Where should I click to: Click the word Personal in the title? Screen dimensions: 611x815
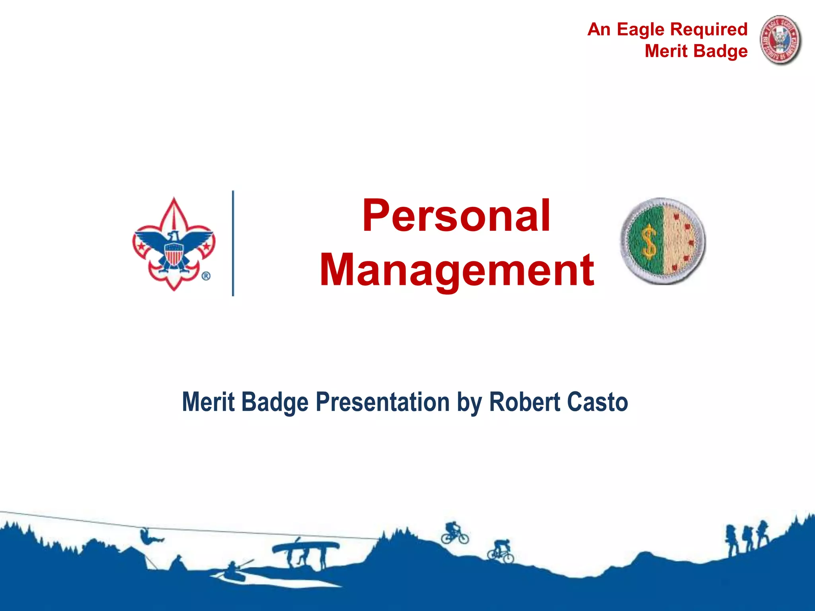tap(456, 216)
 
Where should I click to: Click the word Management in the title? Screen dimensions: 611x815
tap(456, 270)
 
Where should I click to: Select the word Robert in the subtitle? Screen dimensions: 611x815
tap(524, 402)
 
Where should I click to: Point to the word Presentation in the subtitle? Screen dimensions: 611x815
tap(382, 402)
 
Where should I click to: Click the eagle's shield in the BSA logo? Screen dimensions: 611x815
tap(174, 254)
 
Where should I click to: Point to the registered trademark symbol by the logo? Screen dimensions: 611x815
tap(206, 276)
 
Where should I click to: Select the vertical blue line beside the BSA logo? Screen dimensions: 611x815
tap(233, 243)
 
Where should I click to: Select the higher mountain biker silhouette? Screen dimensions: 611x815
tap(454, 533)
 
